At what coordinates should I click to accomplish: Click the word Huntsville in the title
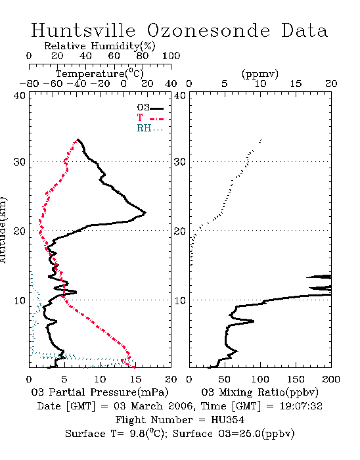[x=83, y=30]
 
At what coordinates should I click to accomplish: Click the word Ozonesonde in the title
[x=208, y=30]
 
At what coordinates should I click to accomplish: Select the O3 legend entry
[x=150, y=108]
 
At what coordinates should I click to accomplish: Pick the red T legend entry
[x=150, y=118]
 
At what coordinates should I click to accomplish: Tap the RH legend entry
[x=150, y=128]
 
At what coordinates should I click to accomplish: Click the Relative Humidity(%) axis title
[x=100, y=46]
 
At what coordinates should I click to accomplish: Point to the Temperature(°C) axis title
[x=100, y=74]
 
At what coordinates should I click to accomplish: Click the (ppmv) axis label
[x=260, y=74]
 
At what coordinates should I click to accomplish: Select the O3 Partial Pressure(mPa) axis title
[x=100, y=392]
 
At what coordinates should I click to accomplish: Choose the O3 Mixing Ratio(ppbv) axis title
[x=259, y=392]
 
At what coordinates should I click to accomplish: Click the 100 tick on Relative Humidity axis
[x=171, y=56]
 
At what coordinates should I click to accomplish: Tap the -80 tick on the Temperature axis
[x=29, y=83]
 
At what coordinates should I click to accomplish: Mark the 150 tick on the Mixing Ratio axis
[x=296, y=379]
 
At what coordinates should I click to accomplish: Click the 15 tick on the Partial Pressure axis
[x=135, y=379]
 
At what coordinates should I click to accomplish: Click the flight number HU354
[x=227, y=420]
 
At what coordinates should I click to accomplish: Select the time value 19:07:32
[x=301, y=406]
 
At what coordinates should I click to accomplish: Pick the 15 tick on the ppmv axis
[x=296, y=83]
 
